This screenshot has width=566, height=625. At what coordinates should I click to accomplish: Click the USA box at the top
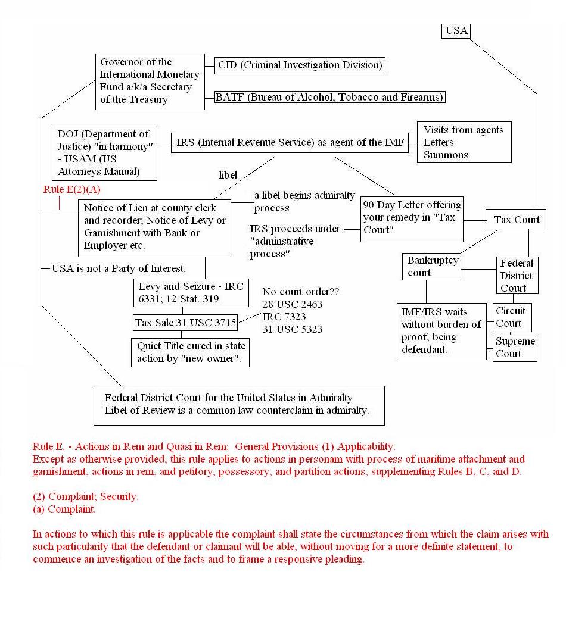coord(456,30)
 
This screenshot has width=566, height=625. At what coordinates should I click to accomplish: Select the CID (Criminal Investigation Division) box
coord(300,65)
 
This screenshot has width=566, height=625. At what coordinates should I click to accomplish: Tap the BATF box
coord(329,97)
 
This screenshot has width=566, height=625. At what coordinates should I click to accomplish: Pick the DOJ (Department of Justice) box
coord(104,153)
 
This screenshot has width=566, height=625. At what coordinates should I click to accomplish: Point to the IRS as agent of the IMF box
coord(290,142)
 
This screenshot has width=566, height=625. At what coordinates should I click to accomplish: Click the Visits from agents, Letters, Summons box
coord(464,142)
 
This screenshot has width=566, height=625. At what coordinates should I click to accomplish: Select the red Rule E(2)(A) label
coord(71,189)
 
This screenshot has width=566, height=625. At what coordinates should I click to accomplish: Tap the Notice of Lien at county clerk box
coord(155,227)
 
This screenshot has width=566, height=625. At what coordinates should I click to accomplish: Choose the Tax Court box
coord(517,220)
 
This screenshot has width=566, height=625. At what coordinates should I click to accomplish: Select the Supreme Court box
coord(515,348)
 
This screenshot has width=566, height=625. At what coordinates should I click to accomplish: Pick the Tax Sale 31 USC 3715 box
coord(185,323)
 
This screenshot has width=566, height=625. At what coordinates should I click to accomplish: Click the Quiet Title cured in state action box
coord(191,352)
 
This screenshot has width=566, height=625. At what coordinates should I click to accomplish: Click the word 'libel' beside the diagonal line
coord(228,175)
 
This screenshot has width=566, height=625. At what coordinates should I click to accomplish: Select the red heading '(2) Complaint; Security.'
coord(86,496)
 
